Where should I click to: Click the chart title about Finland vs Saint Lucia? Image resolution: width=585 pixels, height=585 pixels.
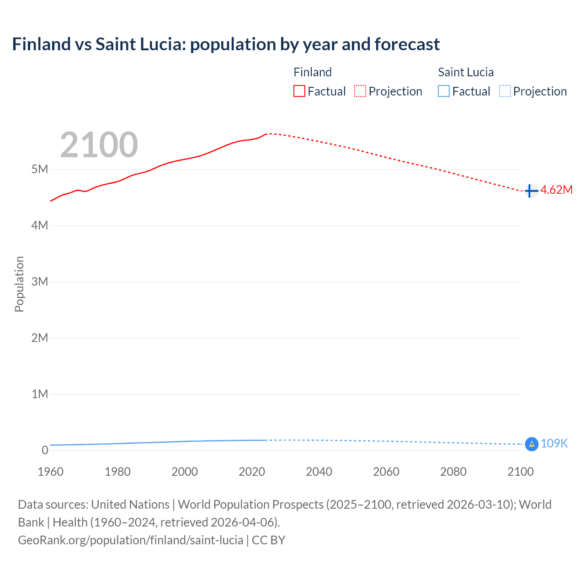point(226,44)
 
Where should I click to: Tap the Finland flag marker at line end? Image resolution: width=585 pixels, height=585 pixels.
point(531,191)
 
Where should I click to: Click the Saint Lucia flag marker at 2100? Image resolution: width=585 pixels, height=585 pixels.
point(532,444)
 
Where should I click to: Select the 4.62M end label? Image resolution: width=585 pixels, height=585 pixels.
point(556,190)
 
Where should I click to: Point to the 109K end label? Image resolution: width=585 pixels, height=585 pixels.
point(554,444)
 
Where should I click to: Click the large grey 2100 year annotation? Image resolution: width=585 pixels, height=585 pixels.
point(99,145)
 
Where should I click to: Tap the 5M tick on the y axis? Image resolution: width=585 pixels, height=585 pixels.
point(40,170)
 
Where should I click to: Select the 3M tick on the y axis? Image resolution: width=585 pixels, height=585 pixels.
point(40,282)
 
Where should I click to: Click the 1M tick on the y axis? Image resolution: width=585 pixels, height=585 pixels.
point(40,394)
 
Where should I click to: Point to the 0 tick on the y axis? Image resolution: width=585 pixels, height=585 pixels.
point(45,450)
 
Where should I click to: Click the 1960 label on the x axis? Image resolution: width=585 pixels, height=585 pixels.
point(50,472)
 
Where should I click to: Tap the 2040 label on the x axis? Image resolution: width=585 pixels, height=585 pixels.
point(319,472)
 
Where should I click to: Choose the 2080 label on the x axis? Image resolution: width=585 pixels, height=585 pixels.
point(453,472)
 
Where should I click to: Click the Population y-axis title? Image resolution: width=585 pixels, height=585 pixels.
point(19,284)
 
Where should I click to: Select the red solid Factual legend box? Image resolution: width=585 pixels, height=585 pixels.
point(299,91)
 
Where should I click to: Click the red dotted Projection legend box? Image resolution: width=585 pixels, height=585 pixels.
point(360,91)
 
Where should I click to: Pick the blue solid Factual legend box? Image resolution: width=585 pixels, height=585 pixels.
point(444,91)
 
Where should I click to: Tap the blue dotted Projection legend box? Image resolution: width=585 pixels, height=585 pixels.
point(505,91)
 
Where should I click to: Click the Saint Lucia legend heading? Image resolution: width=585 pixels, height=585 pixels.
point(466,72)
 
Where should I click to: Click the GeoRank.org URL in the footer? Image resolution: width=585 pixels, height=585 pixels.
point(131,540)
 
